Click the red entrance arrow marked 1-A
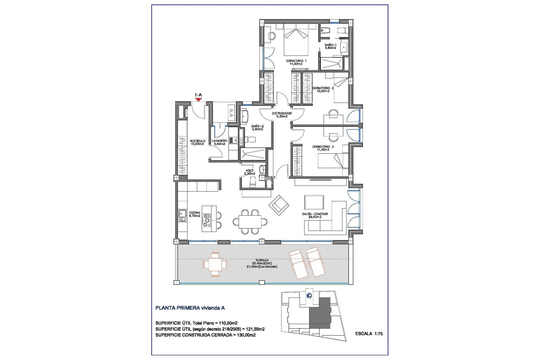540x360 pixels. click(199, 99)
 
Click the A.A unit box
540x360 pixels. click(231, 113)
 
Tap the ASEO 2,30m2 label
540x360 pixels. click(249, 172)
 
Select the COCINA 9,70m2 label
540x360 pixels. click(195, 214)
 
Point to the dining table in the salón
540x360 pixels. click(250, 222)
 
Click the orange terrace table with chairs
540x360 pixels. click(215, 264)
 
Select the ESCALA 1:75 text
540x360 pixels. click(369, 334)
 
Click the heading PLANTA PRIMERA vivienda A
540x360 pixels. click(190, 308)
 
